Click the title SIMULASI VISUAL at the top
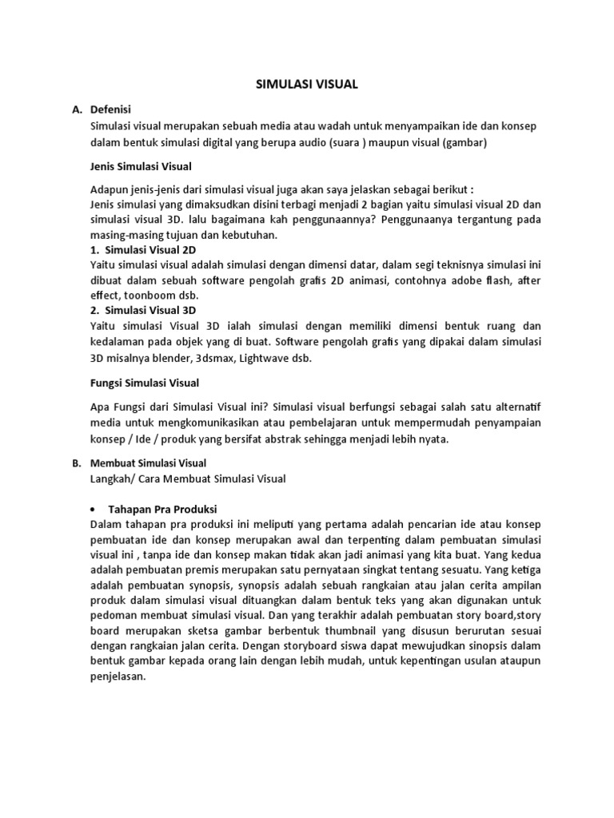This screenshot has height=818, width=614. (x=306, y=84)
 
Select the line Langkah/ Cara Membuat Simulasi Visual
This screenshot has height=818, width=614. (x=188, y=478)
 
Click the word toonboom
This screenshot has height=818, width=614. (x=144, y=295)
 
